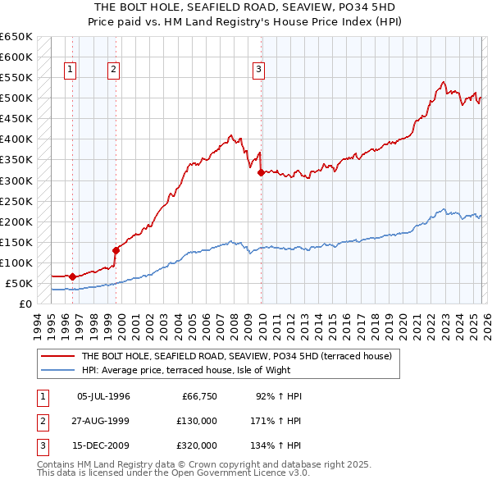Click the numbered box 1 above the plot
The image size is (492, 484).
pyautogui.click(x=71, y=70)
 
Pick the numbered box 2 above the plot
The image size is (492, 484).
pyautogui.click(x=113, y=70)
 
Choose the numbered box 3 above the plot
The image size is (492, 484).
pyautogui.click(x=258, y=70)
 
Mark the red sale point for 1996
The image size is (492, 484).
pyautogui.click(x=72, y=276)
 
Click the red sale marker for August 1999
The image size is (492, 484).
pyautogui.click(x=116, y=250)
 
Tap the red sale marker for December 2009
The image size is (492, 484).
pyautogui.click(x=261, y=172)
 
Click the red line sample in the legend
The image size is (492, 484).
pyautogui.click(x=58, y=356)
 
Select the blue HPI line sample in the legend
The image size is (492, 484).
pyautogui.click(x=58, y=370)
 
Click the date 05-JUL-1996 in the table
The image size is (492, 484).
pyautogui.click(x=103, y=396)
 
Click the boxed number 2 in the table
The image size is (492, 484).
pyautogui.click(x=42, y=421)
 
